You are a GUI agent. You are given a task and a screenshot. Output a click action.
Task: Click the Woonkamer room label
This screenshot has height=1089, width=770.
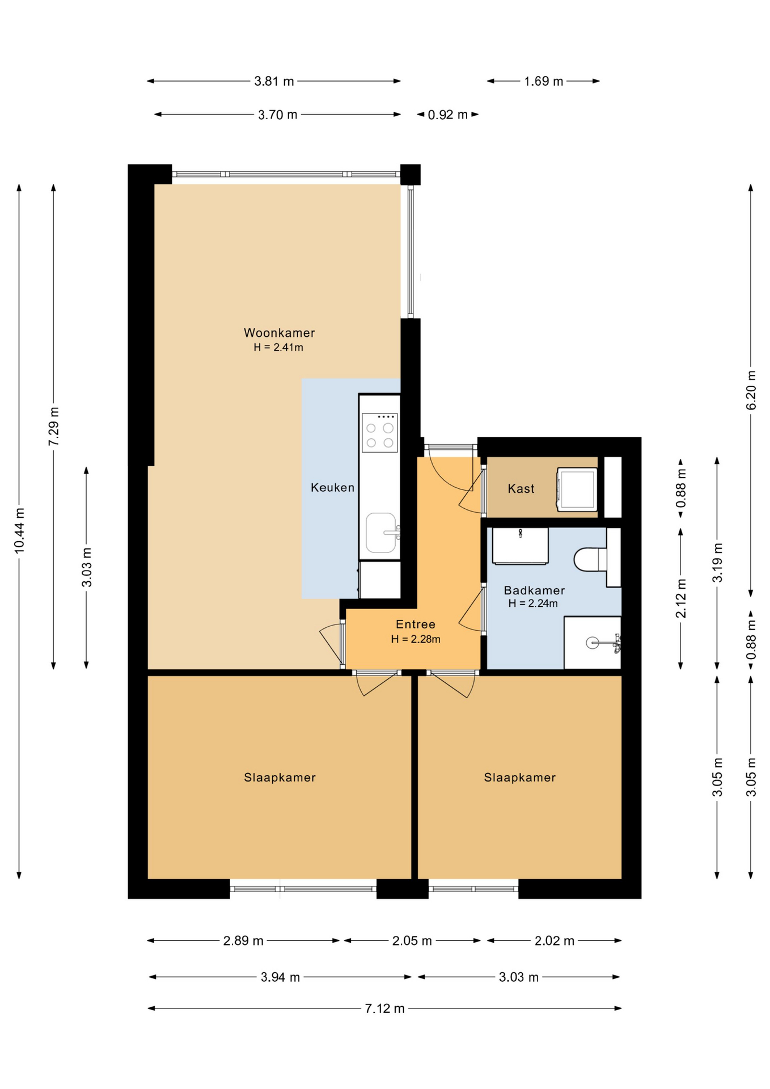tap(279, 333)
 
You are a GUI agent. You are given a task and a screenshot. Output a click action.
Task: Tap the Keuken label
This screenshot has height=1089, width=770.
tap(332, 487)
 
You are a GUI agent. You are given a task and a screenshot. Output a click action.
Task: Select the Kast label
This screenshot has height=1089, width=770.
tap(521, 488)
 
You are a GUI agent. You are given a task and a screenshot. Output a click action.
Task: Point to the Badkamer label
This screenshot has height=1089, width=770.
tap(534, 590)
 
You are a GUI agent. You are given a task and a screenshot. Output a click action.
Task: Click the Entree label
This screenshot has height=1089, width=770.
tap(416, 624)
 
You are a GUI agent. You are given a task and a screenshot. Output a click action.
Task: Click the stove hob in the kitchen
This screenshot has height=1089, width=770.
tap(380, 433)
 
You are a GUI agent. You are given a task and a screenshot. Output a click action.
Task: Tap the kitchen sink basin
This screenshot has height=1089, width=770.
tap(381, 533)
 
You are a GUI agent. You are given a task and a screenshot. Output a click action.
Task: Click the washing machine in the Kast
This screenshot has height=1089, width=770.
tap(577, 489)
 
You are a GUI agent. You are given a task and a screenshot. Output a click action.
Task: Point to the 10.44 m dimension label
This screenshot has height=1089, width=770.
tap(20, 530)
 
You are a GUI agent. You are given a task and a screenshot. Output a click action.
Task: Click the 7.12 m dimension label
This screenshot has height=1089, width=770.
tap(384, 1008)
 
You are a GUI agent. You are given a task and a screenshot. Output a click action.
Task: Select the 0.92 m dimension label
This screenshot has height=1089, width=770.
tap(448, 115)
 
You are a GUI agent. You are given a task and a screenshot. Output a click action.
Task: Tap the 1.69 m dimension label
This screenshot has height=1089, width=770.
tap(543, 81)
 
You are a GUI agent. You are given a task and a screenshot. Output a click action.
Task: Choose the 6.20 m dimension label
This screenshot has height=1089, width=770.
tap(751, 390)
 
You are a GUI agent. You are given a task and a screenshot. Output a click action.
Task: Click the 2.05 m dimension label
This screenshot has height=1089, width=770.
tap(412, 941)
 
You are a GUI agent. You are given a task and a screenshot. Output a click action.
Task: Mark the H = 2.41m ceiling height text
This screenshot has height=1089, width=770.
tap(278, 348)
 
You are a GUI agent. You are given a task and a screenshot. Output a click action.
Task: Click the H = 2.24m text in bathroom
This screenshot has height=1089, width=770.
tap(533, 603)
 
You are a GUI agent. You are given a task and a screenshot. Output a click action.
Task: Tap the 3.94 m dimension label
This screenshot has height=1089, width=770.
tap(280, 977)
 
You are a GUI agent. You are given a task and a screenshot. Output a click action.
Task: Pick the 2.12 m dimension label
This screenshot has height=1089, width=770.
tap(681, 598)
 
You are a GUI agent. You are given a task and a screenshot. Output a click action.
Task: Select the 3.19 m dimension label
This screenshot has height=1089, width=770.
tap(717, 563)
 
